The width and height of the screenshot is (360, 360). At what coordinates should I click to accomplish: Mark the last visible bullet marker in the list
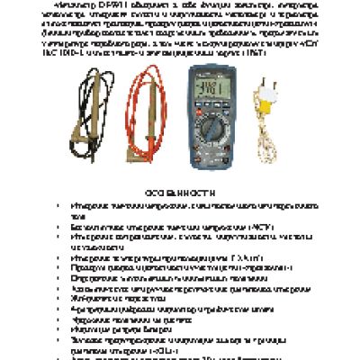(73, 357)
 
